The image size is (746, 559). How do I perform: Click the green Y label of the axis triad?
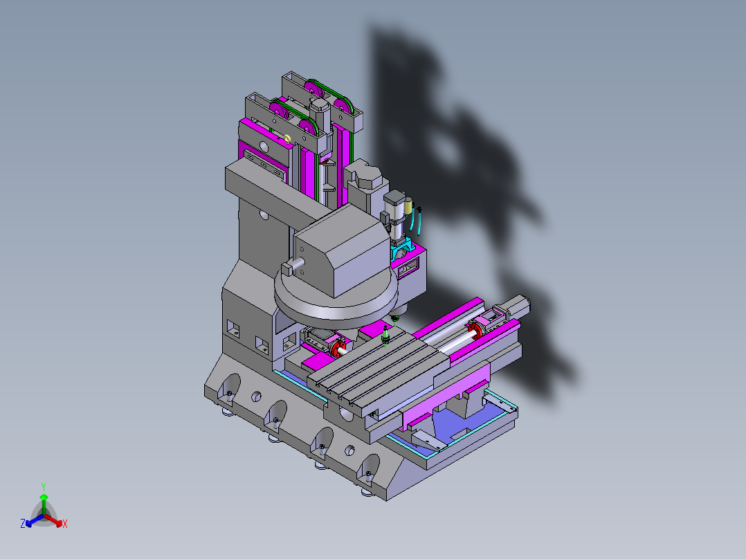pos(44,487)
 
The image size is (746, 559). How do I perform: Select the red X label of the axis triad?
pos(65,524)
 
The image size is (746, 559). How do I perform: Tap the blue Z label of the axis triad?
pos(23,524)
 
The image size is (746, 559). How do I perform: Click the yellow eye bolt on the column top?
pos(287,138)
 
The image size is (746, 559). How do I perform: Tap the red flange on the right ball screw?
pos(475,330)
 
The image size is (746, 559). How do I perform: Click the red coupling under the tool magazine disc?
pos(338,348)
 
